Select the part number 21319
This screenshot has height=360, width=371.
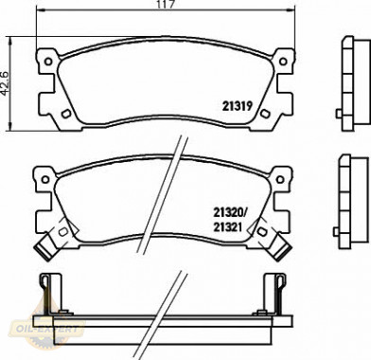click(x=237, y=106)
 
